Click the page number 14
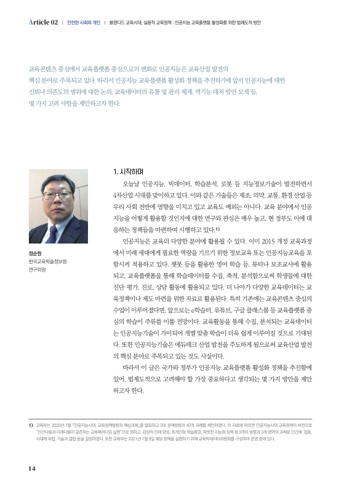tap(32, 468)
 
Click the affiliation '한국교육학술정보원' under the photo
tap(47, 261)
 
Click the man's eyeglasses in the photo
tap(57, 195)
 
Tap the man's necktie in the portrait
tap(58, 232)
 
